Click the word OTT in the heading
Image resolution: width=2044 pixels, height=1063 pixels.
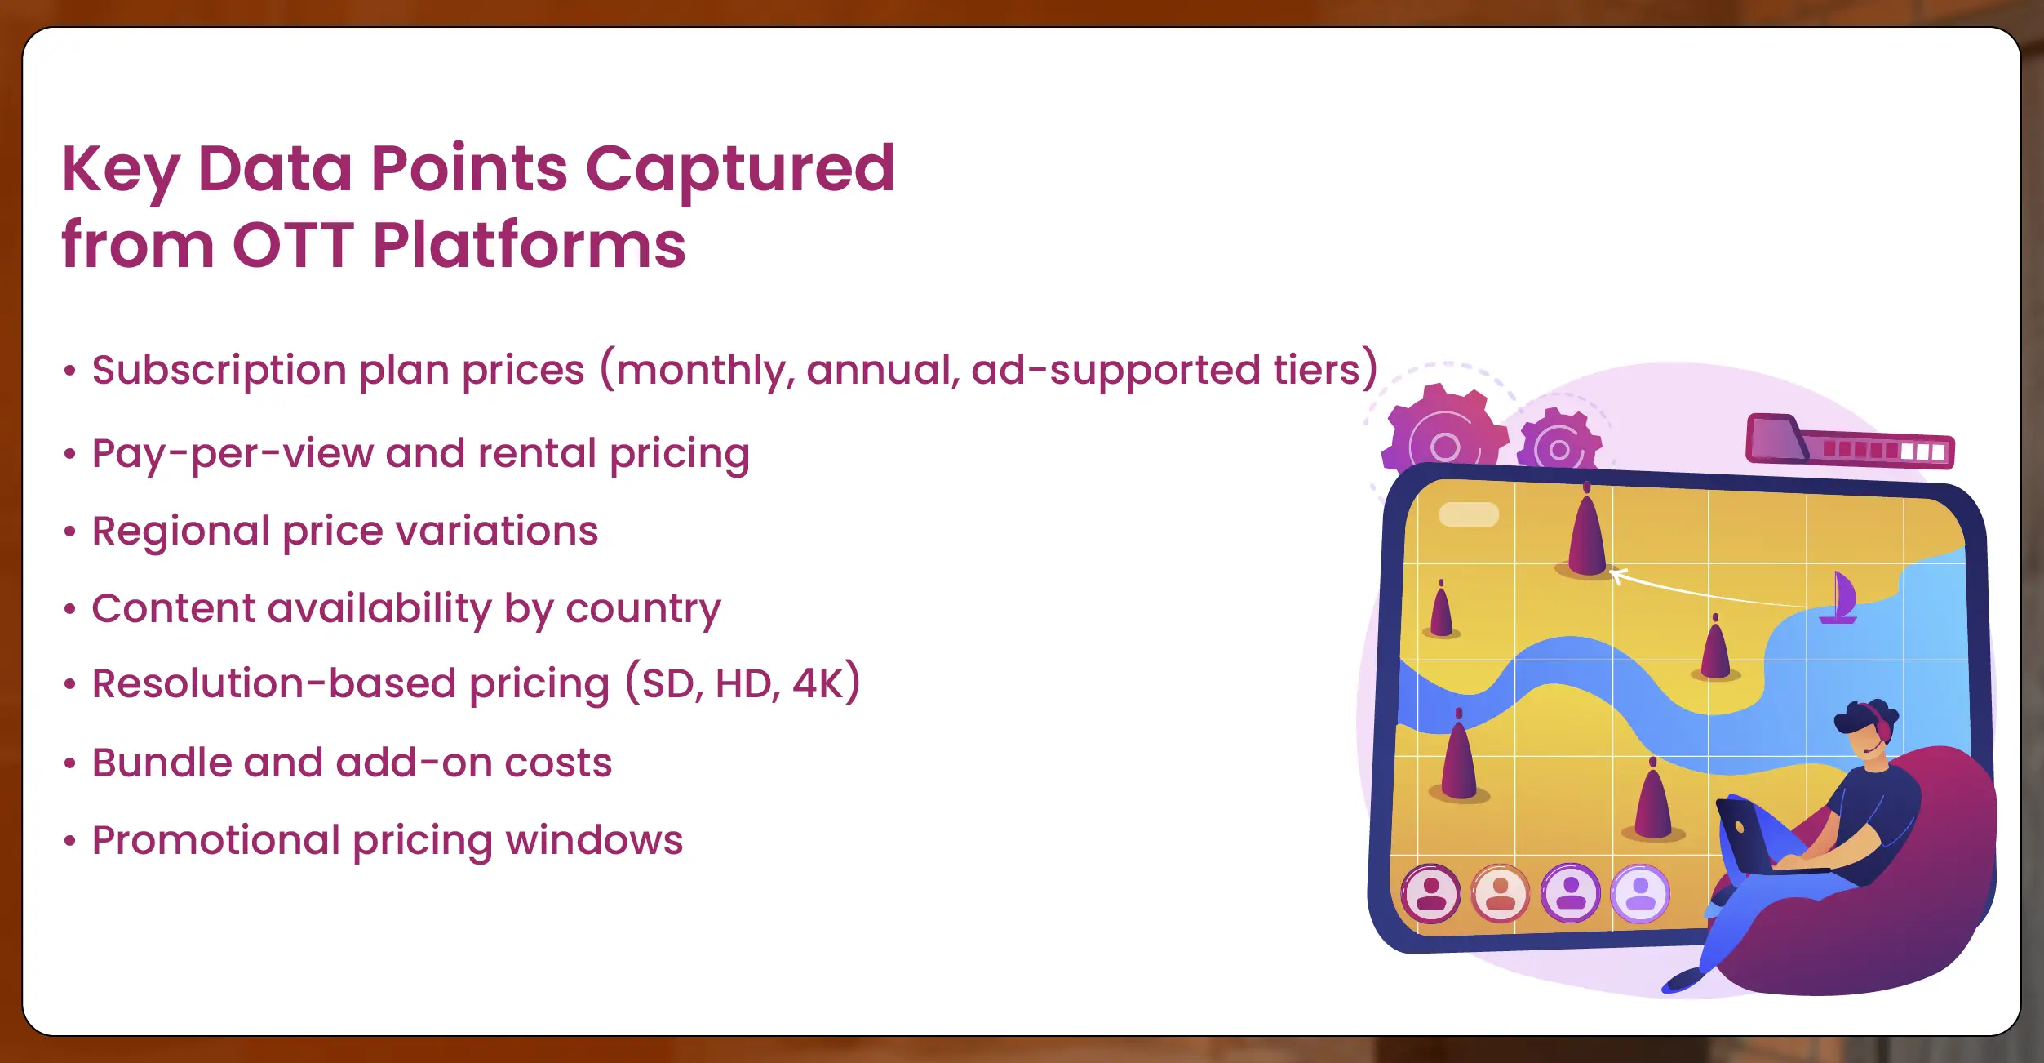coord(293,244)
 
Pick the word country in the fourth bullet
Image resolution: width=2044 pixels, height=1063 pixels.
coord(643,610)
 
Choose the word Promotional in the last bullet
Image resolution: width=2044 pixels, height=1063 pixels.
coord(216,840)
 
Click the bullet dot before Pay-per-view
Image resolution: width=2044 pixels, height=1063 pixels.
coord(70,453)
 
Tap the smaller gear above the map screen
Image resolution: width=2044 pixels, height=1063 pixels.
coord(1559,441)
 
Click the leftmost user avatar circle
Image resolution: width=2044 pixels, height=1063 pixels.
coord(1430,893)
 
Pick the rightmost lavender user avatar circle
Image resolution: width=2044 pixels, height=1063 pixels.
coord(1640,893)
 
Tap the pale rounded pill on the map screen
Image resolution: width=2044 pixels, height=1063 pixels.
coord(1469,514)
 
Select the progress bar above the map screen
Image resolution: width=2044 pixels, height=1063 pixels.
coord(1850,441)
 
